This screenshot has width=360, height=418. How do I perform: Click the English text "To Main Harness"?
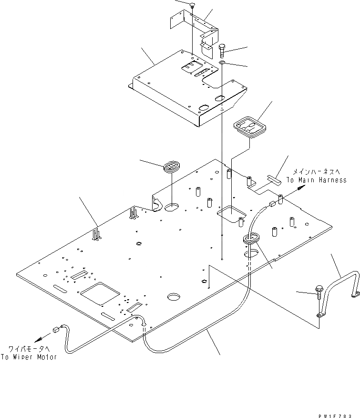[x=316, y=180]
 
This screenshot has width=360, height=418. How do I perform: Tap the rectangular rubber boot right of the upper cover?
[x=251, y=127]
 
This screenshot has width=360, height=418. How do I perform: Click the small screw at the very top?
[x=192, y=5]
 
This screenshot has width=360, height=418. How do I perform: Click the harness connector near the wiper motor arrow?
[x=57, y=328]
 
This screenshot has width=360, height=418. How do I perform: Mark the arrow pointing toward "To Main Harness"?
[x=299, y=189]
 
